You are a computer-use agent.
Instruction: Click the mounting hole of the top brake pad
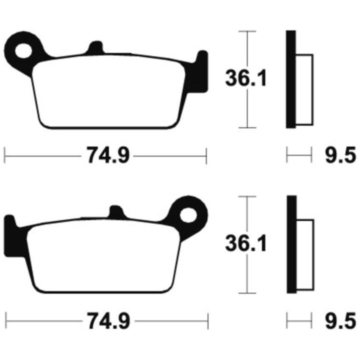click(23, 50)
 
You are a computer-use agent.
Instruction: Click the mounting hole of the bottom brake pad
click(188, 215)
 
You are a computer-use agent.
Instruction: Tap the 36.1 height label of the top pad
click(245, 78)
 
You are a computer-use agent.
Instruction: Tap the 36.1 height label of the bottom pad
click(245, 243)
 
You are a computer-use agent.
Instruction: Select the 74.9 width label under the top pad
click(108, 155)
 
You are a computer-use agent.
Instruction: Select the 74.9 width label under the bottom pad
click(109, 320)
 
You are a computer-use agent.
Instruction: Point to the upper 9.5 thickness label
click(340, 155)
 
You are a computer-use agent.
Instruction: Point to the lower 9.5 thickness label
click(340, 320)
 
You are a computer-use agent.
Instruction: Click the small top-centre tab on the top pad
click(95, 48)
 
